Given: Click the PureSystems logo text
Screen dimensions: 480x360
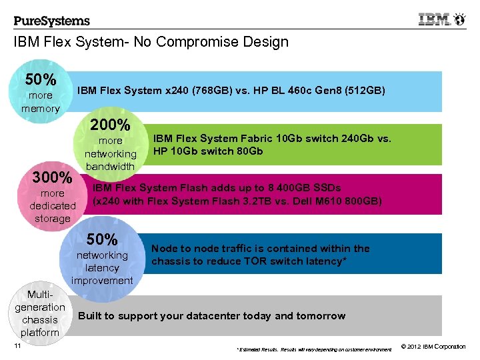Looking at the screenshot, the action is pyautogui.click(x=51, y=21).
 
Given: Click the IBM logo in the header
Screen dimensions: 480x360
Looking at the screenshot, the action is pyautogui.click(x=434, y=19).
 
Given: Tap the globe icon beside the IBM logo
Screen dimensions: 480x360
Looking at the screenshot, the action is pyautogui.click(x=460, y=19).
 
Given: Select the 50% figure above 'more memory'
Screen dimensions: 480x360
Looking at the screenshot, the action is pyautogui.click(x=41, y=80).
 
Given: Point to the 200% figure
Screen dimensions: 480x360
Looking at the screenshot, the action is pyautogui.click(x=110, y=125).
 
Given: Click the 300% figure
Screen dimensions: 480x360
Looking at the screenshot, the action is pyautogui.click(x=53, y=178).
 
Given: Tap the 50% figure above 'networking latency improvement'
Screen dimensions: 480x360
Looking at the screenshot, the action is pyautogui.click(x=102, y=239).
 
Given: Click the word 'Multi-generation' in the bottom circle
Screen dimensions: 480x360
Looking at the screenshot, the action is pyautogui.click(x=40, y=301).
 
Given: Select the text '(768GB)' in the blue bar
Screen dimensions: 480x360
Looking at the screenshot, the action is pyautogui.click(x=207, y=91).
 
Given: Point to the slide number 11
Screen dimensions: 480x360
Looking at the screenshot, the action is pyautogui.click(x=17, y=345).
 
